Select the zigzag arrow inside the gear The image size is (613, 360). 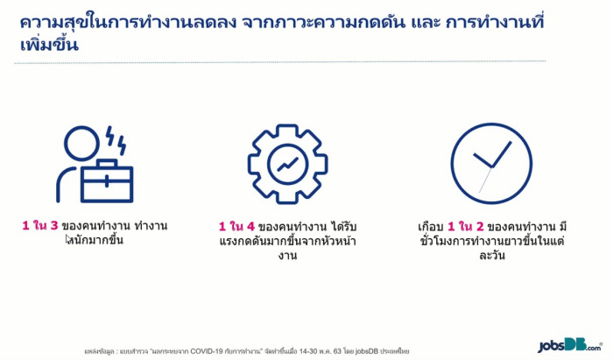[288, 165]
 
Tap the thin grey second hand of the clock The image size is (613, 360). [485, 180]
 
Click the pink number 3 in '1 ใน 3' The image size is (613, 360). [54, 225]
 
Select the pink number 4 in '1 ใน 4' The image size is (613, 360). [250, 226]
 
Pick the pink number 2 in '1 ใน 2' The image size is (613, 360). [480, 226]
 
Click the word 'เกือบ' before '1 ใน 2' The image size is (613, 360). [430, 226]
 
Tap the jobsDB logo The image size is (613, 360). [570, 345]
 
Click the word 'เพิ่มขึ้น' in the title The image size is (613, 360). [49, 44]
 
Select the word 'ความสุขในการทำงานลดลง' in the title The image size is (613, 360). [128, 22]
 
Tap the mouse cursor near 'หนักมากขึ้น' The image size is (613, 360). [68, 239]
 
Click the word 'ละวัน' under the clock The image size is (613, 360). [492, 255]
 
